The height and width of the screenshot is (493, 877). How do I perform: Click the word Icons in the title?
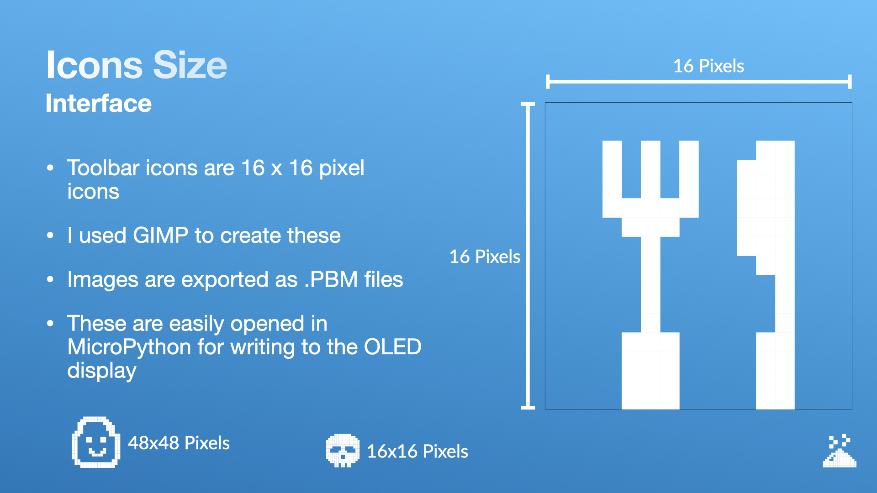[95, 65]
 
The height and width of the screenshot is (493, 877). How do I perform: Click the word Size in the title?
[190, 65]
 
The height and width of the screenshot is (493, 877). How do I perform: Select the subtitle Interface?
[99, 103]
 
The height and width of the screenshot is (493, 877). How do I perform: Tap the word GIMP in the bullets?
[160, 236]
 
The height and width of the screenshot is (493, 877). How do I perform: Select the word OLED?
[392, 347]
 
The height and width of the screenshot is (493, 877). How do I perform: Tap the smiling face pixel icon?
[96, 442]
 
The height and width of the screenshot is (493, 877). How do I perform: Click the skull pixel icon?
[343, 451]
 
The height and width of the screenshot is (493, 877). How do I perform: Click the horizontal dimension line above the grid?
[698, 82]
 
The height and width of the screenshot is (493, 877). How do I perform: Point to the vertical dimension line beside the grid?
[528, 256]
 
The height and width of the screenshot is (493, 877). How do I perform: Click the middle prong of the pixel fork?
[650, 169]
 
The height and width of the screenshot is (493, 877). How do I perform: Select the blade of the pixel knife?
[766, 208]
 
